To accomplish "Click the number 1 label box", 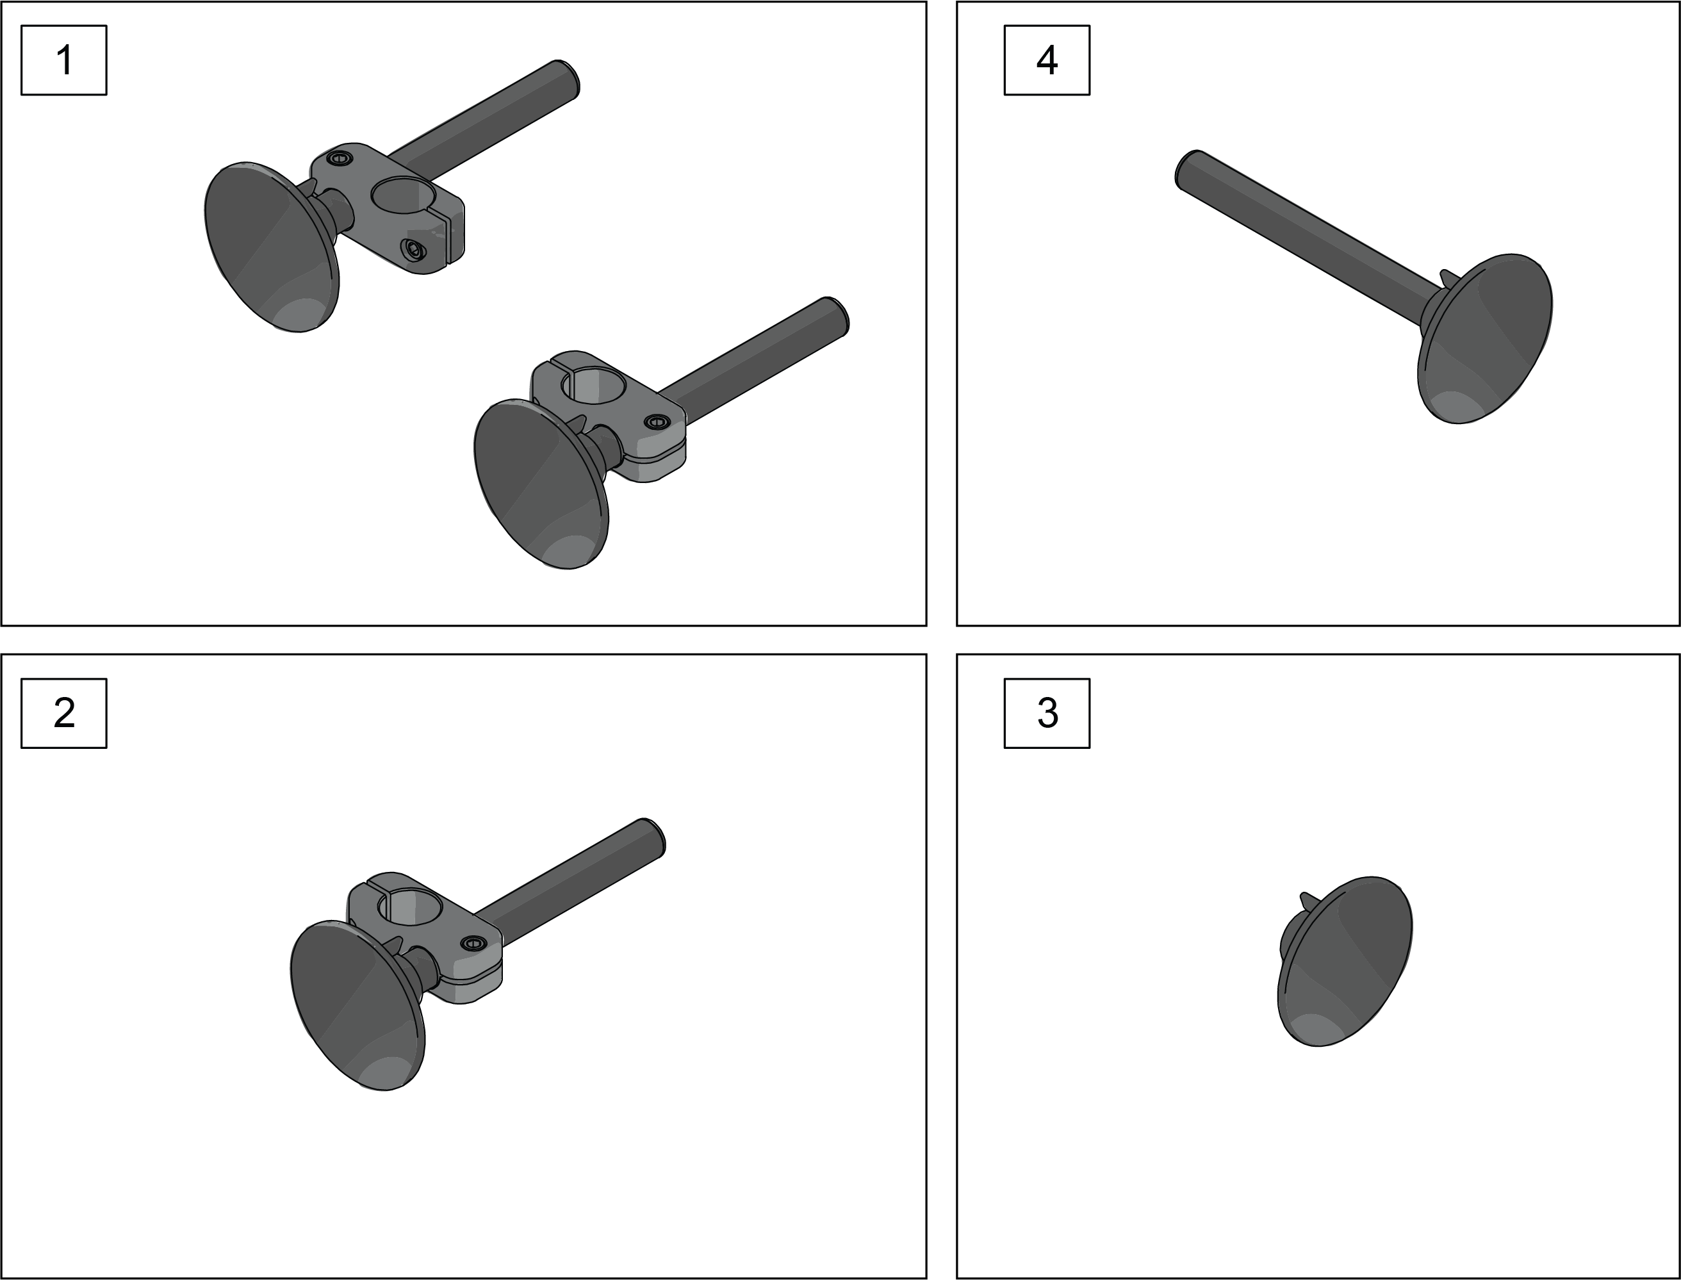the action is coord(64,60).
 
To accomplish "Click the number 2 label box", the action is coord(64,713).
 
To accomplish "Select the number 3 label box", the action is coord(1047,713).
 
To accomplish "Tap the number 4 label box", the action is coord(1047,60).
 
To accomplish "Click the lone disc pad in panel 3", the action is coord(1344,962).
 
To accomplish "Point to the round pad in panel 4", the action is coord(1484,339).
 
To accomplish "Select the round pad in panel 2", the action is coord(358,1006).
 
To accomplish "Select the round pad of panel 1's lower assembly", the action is coord(541,484).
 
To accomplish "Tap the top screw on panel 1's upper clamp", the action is coord(340,158).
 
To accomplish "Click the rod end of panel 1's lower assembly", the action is coord(836,314).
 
